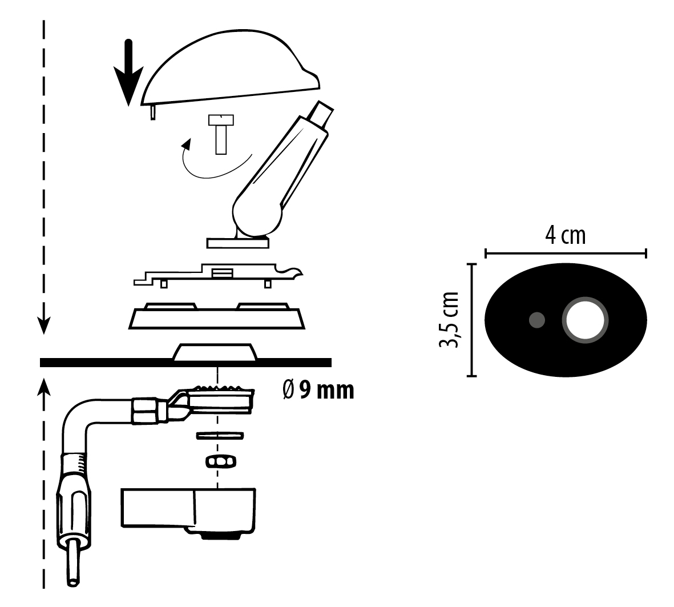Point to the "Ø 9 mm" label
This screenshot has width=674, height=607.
pyautogui.click(x=318, y=391)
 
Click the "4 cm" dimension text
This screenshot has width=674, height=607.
pyautogui.click(x=565, y=235)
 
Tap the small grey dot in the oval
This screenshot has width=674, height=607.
pyautogui.click(x=536, y=320)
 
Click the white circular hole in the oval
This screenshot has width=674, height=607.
pyautogui.click(x=585, y=320)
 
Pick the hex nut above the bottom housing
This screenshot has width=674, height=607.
pyautogui.click(x=219, y=461)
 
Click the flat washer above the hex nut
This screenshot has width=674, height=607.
pyautogui.click(x=220, y=436)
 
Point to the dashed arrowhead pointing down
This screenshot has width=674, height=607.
pyautogui.click(x=43, y=325)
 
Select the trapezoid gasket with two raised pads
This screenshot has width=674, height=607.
pyautogui.click(x=217, y=317)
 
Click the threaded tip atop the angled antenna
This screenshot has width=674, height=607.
pyautogui.click(x=324, y=112)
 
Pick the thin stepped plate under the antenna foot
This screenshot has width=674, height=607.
pyautogui.click(x=217, y=276)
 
